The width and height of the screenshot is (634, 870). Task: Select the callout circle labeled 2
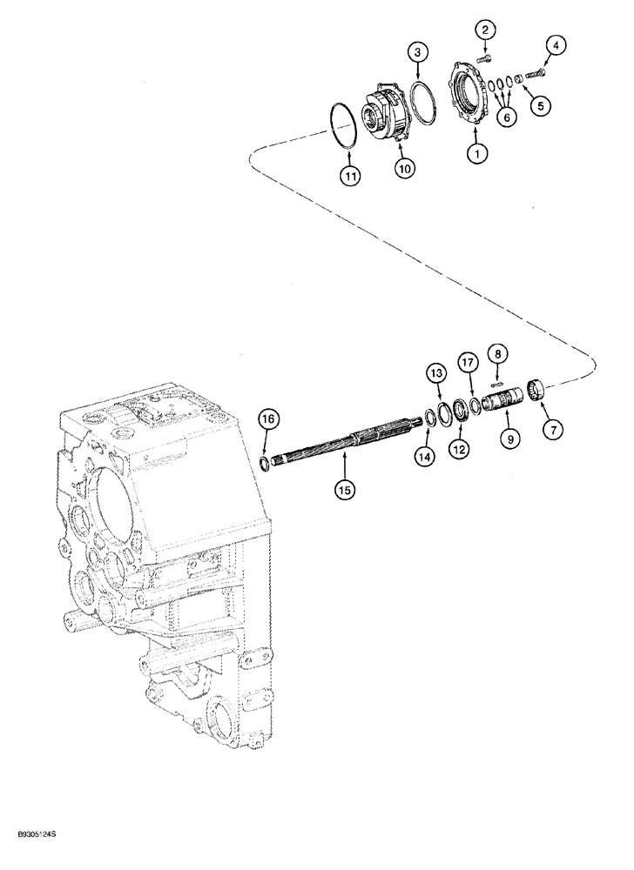click(x=486, y=31)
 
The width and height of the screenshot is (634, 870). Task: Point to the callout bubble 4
click(x=556, y=43)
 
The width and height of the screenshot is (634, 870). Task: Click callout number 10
click(x=403, y=169)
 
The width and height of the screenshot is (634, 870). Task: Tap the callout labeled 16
click(x=269, y=419)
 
